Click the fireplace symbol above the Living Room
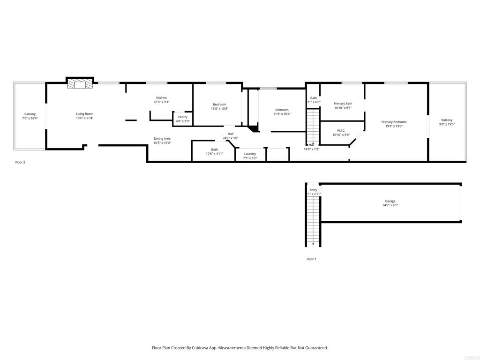pos(79,83)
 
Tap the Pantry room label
pos(183,117)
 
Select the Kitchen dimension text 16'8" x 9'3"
pos(161,102)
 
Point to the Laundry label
pos(250,154)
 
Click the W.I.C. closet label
pos(341,130)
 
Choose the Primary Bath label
pos(343,104)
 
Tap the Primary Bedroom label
pos(394,122)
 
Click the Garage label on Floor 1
pos(390,201)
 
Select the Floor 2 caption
pos(20,162)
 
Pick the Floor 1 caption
pos(311,259)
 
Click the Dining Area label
pos(162,138)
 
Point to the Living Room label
pos(85,113)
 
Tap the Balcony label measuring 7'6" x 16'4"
pos(30,114)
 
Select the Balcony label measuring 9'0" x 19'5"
pos(447,120)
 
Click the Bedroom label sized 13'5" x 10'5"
pos(219,105)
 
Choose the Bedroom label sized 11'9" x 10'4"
pos(282,110)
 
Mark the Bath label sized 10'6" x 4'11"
pos(214,150)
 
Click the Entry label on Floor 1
pos(313,190)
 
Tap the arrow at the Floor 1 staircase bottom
pos(313,244)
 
